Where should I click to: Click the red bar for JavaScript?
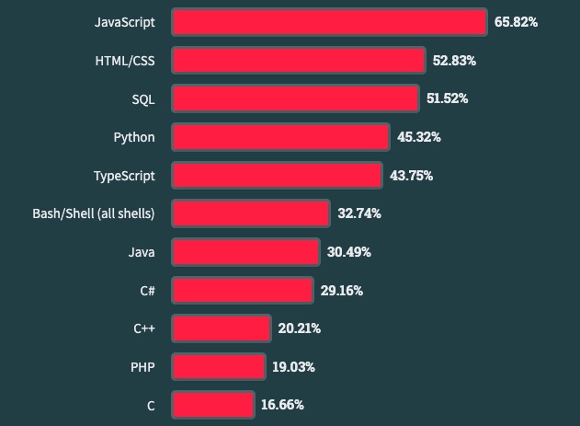[329, 22]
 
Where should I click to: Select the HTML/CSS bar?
[299, 61]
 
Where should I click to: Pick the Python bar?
[280, 137]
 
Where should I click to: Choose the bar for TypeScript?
[277, 175]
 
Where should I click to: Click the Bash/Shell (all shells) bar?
[250, 213]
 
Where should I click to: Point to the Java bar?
[245, 251]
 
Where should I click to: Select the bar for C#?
[242, 290]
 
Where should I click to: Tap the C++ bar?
[221, 328]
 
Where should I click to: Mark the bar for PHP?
[218, 366]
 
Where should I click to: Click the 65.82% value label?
[516, 22]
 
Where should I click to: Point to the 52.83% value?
[454, 61]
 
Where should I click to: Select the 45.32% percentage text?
[418, 137]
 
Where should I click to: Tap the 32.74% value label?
[358, 213]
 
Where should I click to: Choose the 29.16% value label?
[341, 290]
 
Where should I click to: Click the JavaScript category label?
[124, 22]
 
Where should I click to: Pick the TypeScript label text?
[124, 175]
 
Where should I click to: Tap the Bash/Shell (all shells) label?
[93, 213]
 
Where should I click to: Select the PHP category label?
[142, 366]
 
